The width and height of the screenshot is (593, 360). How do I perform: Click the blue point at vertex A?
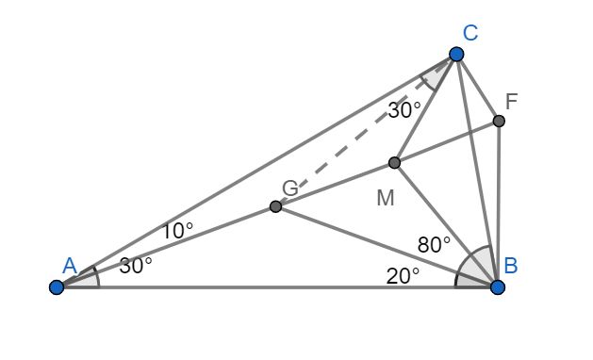pyautogui.click(x=57, y=286)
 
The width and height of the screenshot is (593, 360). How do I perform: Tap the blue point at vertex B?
pyautogui.click(x=498, y=286)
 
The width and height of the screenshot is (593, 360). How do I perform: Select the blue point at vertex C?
pyautogui.click(x=456, y=54)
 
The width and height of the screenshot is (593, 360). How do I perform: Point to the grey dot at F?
pyautogui.click(x=499, y=121)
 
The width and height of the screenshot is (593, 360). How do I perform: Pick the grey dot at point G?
pyautogui.click(x=275, y=205)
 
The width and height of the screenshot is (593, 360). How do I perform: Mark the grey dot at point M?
pyautogui.click(x=394, y=163)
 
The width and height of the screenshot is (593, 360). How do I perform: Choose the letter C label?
pyautogui.click(x=469, y=33)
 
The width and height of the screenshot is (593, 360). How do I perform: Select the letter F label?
pyautogui.click(x=511, y=100)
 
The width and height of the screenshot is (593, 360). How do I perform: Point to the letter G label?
pyautogui.click(x=290, y=188)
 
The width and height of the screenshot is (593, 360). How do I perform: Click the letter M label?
pyautogui.click(x=384, y=199)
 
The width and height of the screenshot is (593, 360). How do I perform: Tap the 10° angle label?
pyautogui.click(x=176, y=229)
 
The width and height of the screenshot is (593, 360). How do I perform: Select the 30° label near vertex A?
pyautogui.click(x=136, y=265)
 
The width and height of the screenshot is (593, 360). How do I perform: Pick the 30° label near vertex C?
pyautogui.click(x=404, y=109)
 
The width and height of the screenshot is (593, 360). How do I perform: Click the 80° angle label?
pyautogui.click(x=435, y=244)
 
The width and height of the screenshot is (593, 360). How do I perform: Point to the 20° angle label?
pyautogui.click(x=403, y=274)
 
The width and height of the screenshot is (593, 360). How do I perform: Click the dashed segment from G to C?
pyautogui.click(x=358, y=135)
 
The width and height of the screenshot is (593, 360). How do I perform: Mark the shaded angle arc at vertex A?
pyautogui.click(x=91, y=278)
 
